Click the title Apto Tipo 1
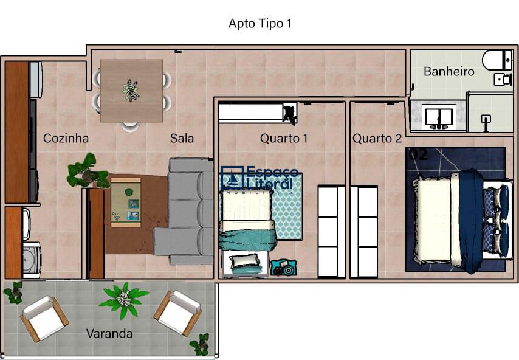tap(261, 24)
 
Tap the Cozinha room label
tap(66, 138)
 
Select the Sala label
tap(182, 138)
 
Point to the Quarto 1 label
tap(284, 138)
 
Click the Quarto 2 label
tap(377, 138)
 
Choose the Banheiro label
tap(449, 71)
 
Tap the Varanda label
tap(109, 333)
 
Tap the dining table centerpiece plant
tap(131, 89)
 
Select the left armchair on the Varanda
tap(44, 317)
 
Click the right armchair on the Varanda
tap(177, 312)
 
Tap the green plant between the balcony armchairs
tap(124, 299)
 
